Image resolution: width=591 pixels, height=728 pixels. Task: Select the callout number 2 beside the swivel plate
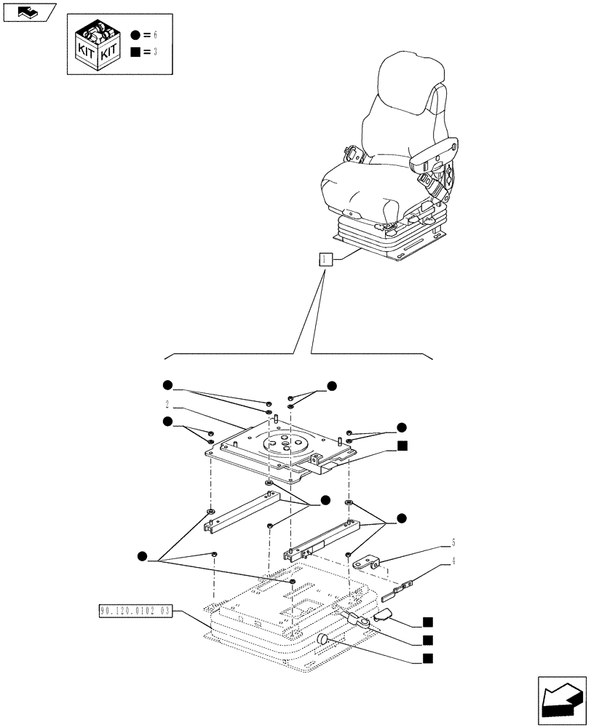[167, 404]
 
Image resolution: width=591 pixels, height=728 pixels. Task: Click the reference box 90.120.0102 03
[134, 611]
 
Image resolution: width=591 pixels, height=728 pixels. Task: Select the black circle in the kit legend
[136, 34]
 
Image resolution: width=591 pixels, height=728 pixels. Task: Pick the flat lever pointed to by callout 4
[404, 585]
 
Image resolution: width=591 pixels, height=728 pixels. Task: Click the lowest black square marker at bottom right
[428, 659]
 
